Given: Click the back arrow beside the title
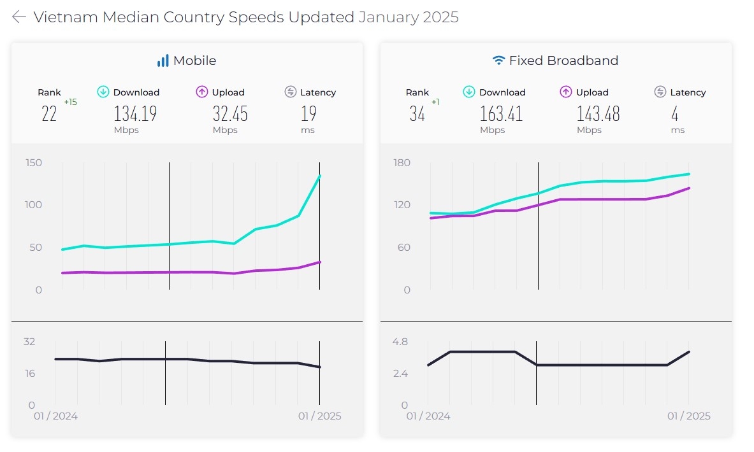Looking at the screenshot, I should [18, 17].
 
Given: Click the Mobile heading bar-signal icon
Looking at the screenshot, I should [163, 60].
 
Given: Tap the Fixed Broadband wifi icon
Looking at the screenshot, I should [498, 60].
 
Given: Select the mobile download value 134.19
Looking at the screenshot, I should [135, 114].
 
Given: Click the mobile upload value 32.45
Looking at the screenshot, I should [229, 114].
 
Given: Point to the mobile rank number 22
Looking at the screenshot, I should [49, 114].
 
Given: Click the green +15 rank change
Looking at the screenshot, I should [70, 102].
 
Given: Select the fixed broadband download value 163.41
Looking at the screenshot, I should [501, 114].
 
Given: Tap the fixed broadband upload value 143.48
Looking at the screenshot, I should [598, 114].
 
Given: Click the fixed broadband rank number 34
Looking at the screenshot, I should [417, 114].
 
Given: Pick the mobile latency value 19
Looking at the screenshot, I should [308, 114].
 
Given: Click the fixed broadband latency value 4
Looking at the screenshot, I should [674, 114].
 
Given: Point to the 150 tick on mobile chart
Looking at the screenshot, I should [33, 163].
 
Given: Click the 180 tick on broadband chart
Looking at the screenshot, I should [402, 163].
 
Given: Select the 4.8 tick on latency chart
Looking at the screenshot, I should [400, 342].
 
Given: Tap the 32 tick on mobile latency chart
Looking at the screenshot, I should [29, 342].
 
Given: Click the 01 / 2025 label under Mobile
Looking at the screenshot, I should [320, 416].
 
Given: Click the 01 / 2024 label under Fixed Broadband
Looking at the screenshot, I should [428, 416].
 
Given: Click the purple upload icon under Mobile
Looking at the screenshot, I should [202, 92].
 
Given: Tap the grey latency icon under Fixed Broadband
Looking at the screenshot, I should [660, 92].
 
